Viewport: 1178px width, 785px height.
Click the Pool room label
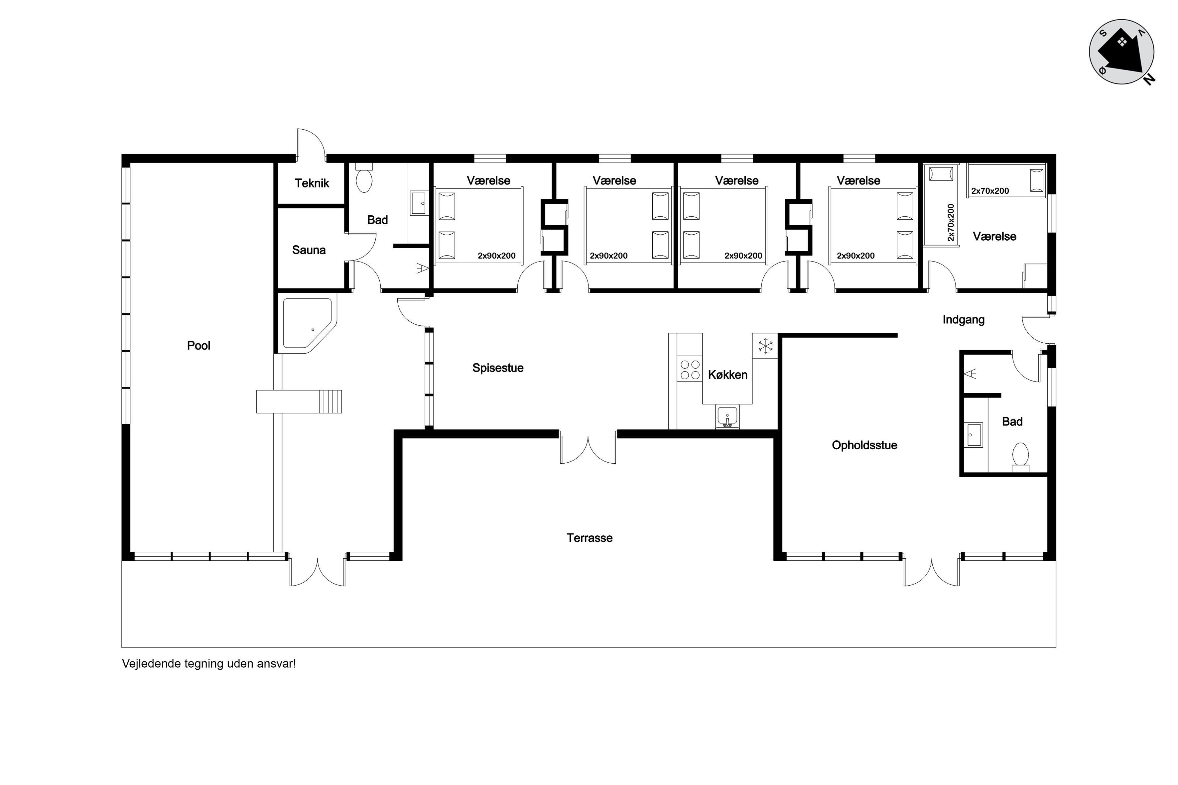pos(198,345)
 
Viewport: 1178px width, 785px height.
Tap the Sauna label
pos(309,250)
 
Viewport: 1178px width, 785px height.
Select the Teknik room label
pos(312,183)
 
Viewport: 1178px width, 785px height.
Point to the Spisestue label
pos(498,368)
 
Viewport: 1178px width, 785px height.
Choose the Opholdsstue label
pos(864,445)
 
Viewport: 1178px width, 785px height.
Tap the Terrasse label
pos(589,538)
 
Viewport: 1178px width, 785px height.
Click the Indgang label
pos(963,319)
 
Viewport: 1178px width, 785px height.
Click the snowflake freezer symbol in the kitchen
pos(765,345)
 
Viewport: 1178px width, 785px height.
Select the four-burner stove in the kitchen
pos(689,370)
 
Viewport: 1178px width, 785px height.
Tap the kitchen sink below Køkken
pos(727,416)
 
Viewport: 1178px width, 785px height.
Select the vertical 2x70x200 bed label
pos(951,222)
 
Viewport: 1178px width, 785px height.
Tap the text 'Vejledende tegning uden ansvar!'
pos(209,664)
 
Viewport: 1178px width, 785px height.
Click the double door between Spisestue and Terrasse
pos(588,448)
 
